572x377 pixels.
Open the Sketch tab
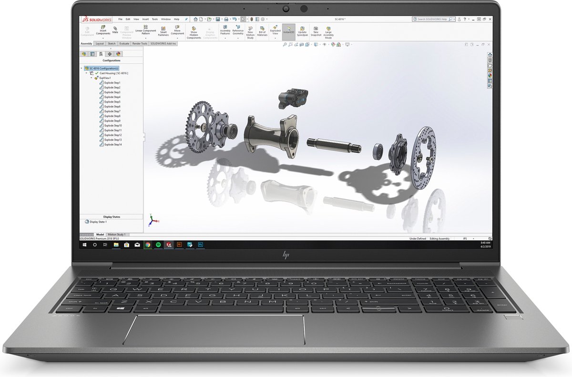112,43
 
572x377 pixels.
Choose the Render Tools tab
140,43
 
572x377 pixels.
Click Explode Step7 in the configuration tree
112,111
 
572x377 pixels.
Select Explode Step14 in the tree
113,144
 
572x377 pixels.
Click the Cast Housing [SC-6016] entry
111,73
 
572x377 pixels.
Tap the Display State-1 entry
98,222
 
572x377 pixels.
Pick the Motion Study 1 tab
116,235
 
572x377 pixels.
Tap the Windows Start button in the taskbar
84,245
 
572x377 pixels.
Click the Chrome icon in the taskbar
148,245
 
